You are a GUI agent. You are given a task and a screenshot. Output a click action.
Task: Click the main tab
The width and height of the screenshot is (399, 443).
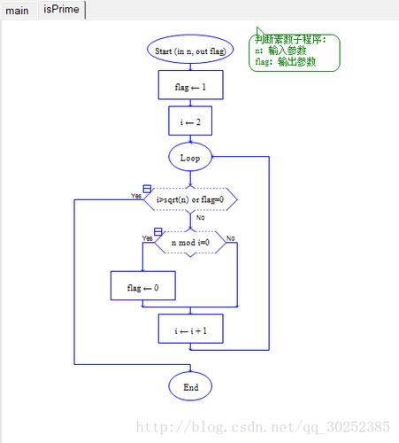[17, 11]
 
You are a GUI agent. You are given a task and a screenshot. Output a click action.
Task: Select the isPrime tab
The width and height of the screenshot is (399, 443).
[61, 10]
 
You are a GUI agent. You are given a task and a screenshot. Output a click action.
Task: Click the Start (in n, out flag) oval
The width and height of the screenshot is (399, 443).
[190, 50]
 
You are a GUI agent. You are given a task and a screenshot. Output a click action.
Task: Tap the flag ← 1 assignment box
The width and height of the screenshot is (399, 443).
[190, 85]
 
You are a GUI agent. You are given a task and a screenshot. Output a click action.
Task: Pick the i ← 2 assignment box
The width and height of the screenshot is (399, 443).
[190, 120]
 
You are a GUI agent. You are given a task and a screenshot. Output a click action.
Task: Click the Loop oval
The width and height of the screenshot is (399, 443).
[190, 157]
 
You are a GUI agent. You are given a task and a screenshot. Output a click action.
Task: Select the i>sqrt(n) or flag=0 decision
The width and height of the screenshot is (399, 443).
[190, 199]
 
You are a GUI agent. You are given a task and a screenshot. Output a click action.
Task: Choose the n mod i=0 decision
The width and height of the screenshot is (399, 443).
[190, 243]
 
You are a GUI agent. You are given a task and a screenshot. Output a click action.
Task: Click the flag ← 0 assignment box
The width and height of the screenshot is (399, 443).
[143, 285]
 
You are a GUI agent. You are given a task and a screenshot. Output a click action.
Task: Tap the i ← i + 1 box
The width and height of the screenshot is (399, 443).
[190, 329]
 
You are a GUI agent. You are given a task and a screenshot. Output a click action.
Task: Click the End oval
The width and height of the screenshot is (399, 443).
[190, 386]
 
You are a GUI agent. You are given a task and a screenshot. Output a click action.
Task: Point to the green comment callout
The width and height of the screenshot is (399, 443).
[295, 52]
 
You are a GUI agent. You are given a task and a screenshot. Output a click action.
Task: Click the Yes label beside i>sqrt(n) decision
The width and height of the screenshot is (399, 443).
[136, 196]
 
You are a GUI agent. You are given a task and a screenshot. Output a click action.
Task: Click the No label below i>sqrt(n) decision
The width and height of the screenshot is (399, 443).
[200, 218]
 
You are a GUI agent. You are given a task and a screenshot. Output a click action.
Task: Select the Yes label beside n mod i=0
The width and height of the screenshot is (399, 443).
[148, 238]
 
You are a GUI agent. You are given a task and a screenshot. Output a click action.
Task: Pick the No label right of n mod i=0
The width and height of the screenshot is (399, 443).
[231, 238]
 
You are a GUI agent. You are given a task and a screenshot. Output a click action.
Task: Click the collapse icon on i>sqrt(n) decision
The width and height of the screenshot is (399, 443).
[147, 189]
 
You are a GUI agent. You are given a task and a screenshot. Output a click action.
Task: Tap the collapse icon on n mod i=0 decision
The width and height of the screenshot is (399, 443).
[158, 232]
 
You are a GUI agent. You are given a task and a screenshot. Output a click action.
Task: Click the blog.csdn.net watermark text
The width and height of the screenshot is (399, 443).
[263, 427]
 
